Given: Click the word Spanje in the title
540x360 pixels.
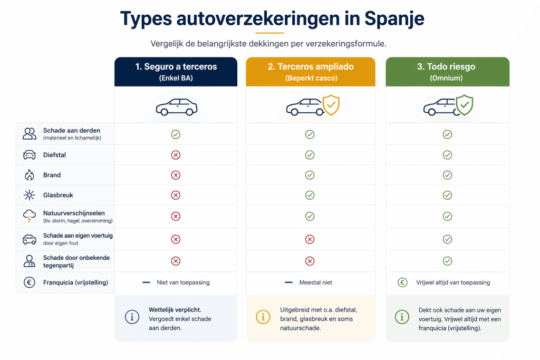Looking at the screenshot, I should click(x=394, y=18).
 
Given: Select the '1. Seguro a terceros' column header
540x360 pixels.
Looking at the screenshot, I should click(x=176, y=72).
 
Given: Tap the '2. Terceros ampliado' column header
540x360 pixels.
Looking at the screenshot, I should click(x=310, y=72).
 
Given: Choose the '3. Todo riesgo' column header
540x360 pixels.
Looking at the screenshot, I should click(x=447, y=72).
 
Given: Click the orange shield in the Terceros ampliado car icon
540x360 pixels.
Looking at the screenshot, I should click(x=331, y=105).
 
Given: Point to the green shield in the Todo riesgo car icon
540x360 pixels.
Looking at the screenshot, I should click(x=465, y=105).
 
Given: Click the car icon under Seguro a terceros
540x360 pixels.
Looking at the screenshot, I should click(x=176, y=107).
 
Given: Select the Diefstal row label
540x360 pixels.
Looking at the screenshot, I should click(x=54, y=155).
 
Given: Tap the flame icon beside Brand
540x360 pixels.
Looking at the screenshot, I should click(x=30, y=175).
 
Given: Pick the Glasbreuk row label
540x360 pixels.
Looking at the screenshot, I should click(x=58, y=195).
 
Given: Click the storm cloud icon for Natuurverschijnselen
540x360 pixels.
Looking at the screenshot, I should click(x=30, y=216).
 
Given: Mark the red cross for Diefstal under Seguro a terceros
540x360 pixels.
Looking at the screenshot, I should click(x=176, y=155).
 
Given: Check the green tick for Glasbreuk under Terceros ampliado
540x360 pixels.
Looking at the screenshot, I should click(x=310, y=195).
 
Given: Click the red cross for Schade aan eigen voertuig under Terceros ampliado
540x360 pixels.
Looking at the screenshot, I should click(x=310, y=239).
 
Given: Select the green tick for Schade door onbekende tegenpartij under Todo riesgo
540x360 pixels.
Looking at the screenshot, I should click(x=447, y=261).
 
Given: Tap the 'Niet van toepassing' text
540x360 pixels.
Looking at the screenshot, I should click(x=183, y=283).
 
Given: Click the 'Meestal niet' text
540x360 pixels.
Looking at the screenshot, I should click(x=316, y=283).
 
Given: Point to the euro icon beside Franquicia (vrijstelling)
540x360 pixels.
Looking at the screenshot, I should click(x=30, y=283).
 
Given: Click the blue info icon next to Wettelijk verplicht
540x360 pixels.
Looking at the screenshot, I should click(x=132, y=317).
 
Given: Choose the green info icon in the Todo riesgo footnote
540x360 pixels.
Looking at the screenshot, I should click(x=402, y=317).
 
